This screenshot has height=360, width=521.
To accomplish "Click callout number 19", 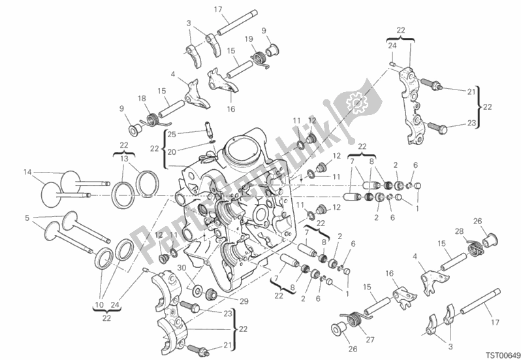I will pos(249,39).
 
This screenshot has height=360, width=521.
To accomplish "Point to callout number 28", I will pos(459,231).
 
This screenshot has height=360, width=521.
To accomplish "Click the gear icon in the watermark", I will pos(356,103).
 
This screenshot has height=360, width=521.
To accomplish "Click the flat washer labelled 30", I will pos(197,289).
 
